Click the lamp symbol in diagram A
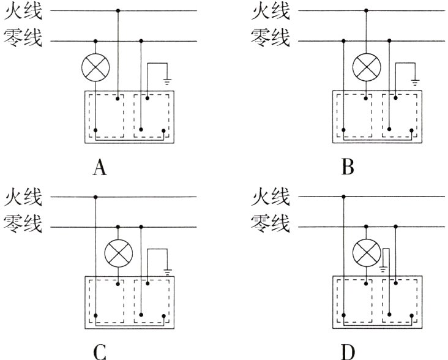tap(95, 68)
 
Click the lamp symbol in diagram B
tap(366, 68)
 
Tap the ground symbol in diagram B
tap(416, 81)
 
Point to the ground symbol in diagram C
tap(167, 269)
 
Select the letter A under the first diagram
tap(100, 167)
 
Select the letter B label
tap(348, 167)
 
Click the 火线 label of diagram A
tap(23, 11)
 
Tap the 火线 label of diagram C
tap(23, 197)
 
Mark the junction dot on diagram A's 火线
tap(118, 10)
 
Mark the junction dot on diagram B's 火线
tap(366, 10)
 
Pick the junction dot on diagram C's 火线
tap(95, 197)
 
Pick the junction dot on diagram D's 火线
tap(344, 197)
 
